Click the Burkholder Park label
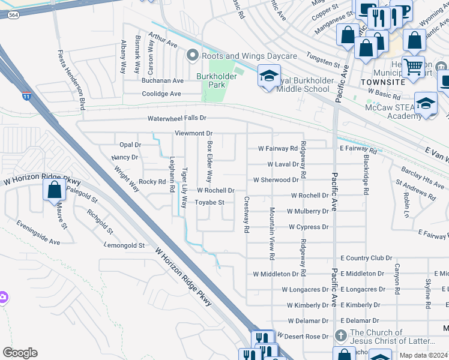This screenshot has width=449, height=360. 211,80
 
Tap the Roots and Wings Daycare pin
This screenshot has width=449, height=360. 193,56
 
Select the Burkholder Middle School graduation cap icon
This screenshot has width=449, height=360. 268,76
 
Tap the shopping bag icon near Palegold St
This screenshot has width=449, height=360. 54,190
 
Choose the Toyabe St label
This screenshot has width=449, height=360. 209,203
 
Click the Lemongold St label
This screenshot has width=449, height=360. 125,245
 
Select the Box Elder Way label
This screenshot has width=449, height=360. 209,162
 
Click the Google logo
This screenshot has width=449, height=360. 20,353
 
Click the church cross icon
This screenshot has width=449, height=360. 340,336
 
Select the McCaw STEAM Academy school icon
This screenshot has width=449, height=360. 426,103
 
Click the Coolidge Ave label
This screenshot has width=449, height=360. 161,94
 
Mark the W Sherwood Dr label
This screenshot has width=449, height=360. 276,179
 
